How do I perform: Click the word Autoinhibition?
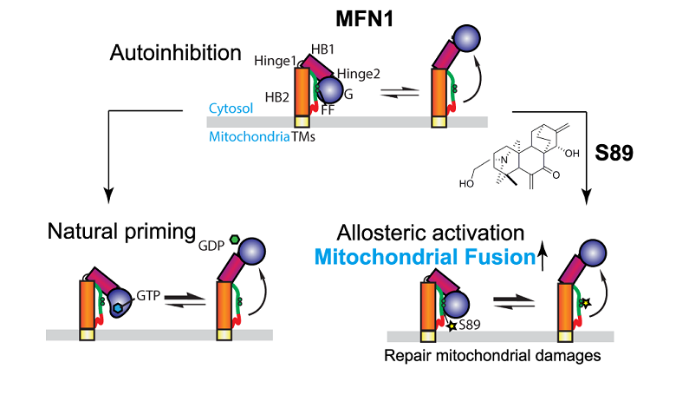point(176,53)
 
